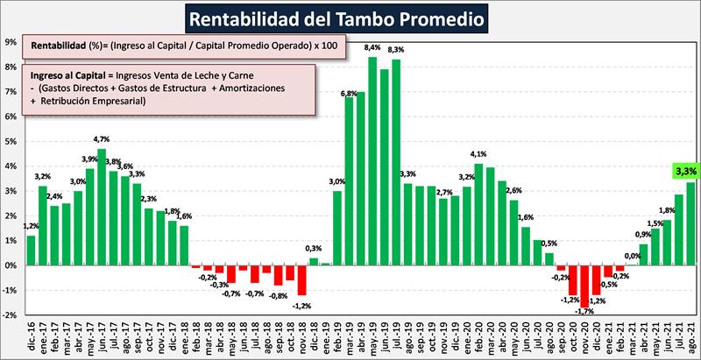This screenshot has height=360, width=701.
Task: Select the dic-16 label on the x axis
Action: coord(32,336)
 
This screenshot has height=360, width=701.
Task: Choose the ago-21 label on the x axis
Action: coord(691,336)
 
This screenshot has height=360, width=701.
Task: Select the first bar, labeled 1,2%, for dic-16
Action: coord(32,250)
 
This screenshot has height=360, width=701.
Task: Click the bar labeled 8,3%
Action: coord(396,162)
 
